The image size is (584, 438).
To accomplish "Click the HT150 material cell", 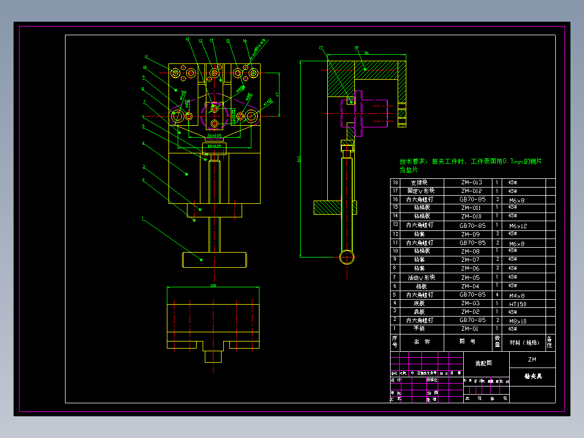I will click(517, 304).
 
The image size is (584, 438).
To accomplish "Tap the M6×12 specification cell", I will click(517, 226).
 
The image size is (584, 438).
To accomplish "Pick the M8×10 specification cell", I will click(517, 321).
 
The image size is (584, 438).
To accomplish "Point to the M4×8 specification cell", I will click(517, 295).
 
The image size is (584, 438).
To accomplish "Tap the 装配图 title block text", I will click(484, 363).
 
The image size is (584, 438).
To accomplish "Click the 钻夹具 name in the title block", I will click(533, 376).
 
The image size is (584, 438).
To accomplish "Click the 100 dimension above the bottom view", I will click(213, 285).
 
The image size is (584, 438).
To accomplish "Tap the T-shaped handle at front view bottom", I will click(215, 260).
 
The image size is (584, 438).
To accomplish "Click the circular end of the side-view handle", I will click(347, 256).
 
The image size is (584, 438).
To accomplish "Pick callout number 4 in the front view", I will click(143, 144).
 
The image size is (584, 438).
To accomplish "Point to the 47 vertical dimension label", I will click(277, 94).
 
